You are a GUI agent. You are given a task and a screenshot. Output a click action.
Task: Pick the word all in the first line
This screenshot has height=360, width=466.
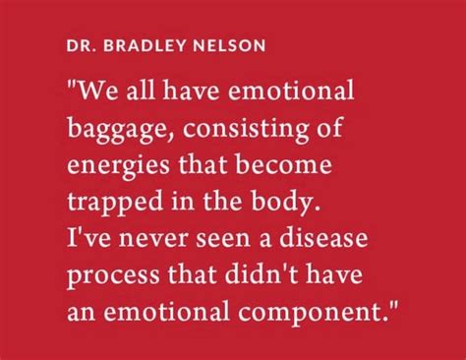click(x=140, y=93)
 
